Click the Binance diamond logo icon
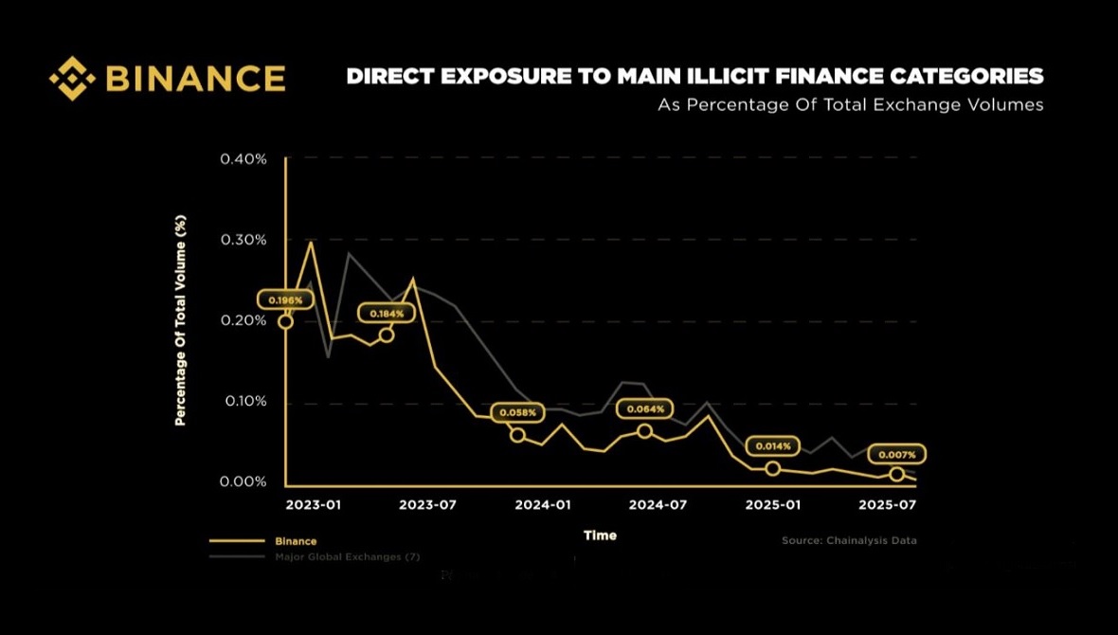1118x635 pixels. pyautogui.click(x=72, y=78)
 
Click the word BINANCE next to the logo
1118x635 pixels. pyautogui.click(x=195, y=78)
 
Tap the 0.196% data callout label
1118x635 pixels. pyautogui.click(x=285, y=300)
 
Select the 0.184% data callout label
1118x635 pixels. pyautogui.click(x=387, y=313)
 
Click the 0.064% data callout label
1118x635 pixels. pyautogui.click(x=645, y=409)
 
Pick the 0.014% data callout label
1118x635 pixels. pyautogui.click(x=773, y=445)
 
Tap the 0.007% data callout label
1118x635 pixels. pyautogui.click(x=896, y=455)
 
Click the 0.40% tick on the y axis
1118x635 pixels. pyautogui.click(x=243, y=158)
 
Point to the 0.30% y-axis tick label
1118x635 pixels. pyautogui.click(x=243, y=240)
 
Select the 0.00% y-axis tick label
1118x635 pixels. pyautogui.click(x=243, y=481)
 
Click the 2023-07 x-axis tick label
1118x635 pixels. pyautogui.click(x=427, y=504)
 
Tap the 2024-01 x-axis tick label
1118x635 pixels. pyautogui.click(x=543, y=504)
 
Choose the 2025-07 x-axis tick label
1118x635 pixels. pyautogui.click(x=887, y=504)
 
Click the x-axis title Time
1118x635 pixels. pyautogui.click(x=600, y=535)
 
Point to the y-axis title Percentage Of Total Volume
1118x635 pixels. pyautogui.click(x=180, y=320)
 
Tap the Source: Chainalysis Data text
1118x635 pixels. pyautogui.click(x=849, y=540)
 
